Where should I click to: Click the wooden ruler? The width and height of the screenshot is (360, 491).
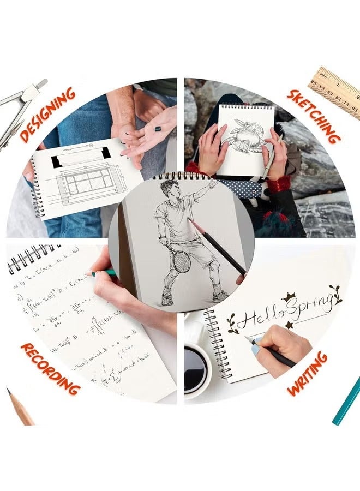(335, 90)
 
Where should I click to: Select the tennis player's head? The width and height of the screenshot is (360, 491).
(169, 191)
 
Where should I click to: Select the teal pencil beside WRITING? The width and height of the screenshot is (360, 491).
(346, 401)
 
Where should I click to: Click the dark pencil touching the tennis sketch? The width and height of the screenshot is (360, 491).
(218, 248)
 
